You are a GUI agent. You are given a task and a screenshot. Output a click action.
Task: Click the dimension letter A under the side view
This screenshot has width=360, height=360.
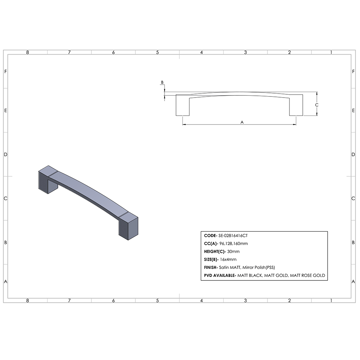242,122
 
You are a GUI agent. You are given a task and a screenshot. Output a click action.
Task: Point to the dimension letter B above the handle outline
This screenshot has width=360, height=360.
162,82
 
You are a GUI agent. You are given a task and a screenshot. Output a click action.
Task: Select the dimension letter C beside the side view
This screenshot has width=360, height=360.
316,105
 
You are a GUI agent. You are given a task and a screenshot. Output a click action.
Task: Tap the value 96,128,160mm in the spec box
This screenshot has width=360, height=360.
233,244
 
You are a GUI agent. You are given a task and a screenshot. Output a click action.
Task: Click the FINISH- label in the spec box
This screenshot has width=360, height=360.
211,267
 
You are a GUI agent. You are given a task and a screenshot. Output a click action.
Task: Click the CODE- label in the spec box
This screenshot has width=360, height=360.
210,235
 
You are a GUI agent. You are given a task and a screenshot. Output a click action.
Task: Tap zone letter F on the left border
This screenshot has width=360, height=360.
5,71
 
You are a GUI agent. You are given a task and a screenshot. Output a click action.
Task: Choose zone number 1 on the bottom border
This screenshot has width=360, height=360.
331,300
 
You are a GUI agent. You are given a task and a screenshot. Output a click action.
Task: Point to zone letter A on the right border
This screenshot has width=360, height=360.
354,282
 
